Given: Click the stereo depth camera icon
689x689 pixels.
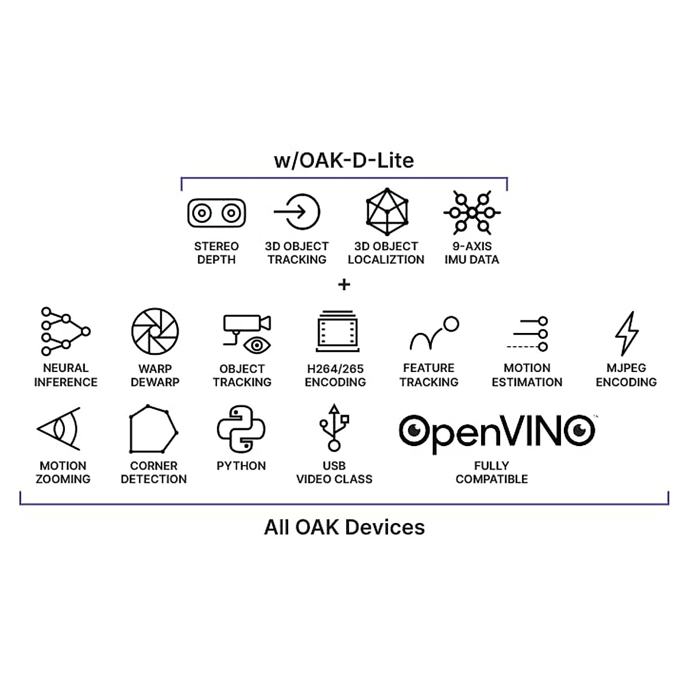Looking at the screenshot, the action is click(x=216, y=213).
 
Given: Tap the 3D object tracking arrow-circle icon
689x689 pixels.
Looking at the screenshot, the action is click(x=297, y=212).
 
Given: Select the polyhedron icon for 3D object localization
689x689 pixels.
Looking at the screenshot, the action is click(x=387, y=212).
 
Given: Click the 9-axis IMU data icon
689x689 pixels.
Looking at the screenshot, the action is click(x=472, y=213).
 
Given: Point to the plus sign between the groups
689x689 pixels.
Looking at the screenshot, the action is click(x=344, y=285).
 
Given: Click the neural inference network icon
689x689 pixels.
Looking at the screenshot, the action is click(x=65, y=331).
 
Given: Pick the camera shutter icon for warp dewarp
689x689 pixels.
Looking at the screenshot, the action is click(x=155, y=331).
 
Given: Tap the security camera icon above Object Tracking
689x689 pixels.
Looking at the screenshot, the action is click(x=247, y=334).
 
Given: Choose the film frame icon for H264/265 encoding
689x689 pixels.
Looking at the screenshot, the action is click(x=337, y=331).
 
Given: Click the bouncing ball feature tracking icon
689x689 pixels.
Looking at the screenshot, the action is click(x=435, y=333).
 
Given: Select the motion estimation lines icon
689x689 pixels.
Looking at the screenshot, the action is click(x=527, y=334).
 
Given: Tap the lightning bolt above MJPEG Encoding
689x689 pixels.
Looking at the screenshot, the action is click(x=626, y=333).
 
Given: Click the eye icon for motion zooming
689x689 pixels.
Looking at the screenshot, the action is click(x=59, y=428).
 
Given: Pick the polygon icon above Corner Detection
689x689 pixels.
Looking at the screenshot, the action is click(x=153, y=429).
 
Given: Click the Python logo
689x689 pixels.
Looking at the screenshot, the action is click(x=241, y=429).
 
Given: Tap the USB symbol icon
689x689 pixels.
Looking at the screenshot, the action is click(x=334, y=428).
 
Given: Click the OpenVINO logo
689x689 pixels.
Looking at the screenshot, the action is click(x=497, y=433).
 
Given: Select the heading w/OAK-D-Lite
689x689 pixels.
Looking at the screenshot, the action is click(x=344, y=161).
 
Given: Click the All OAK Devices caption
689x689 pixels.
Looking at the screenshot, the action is click(x=344, y=528).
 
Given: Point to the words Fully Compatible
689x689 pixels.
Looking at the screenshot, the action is click(x=491, y=473).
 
